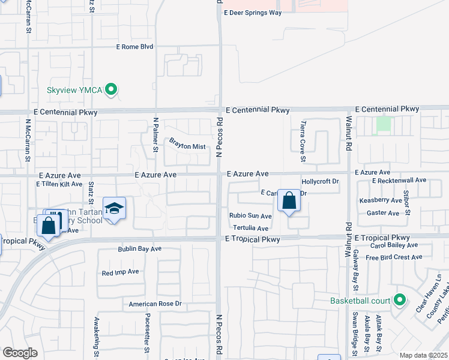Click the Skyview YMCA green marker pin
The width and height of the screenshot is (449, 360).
click(x=110, y=91)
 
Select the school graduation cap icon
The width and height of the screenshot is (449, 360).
click(x=114, y=208)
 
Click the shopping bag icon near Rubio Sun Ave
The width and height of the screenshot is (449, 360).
click(x=289, y=202)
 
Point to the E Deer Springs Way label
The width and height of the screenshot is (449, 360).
click(x=252, y=12)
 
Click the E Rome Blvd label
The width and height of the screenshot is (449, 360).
click(x=135, y=46)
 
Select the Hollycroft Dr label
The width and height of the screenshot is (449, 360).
click(x=321, y=181)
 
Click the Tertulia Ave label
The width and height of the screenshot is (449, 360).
click(x=250, y=228)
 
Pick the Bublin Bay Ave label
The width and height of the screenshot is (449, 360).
click(x=140, y=248)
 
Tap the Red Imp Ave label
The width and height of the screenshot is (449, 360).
click(x=120, y=272)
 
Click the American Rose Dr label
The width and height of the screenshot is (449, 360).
click(x=155, y=304)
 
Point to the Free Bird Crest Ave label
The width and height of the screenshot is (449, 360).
click(x=394, y=257)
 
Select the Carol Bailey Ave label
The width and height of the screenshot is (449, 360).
click(x=394, y=245)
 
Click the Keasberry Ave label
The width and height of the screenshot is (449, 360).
click(x=381, y=200)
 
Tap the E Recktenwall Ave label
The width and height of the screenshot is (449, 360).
click(x=399, y=180)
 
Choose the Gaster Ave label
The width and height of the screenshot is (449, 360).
click(x=385, y=213)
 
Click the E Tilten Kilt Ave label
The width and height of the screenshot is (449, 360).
click(x=59, y=184)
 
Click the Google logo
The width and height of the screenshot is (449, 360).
click(x=20, y=353)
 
